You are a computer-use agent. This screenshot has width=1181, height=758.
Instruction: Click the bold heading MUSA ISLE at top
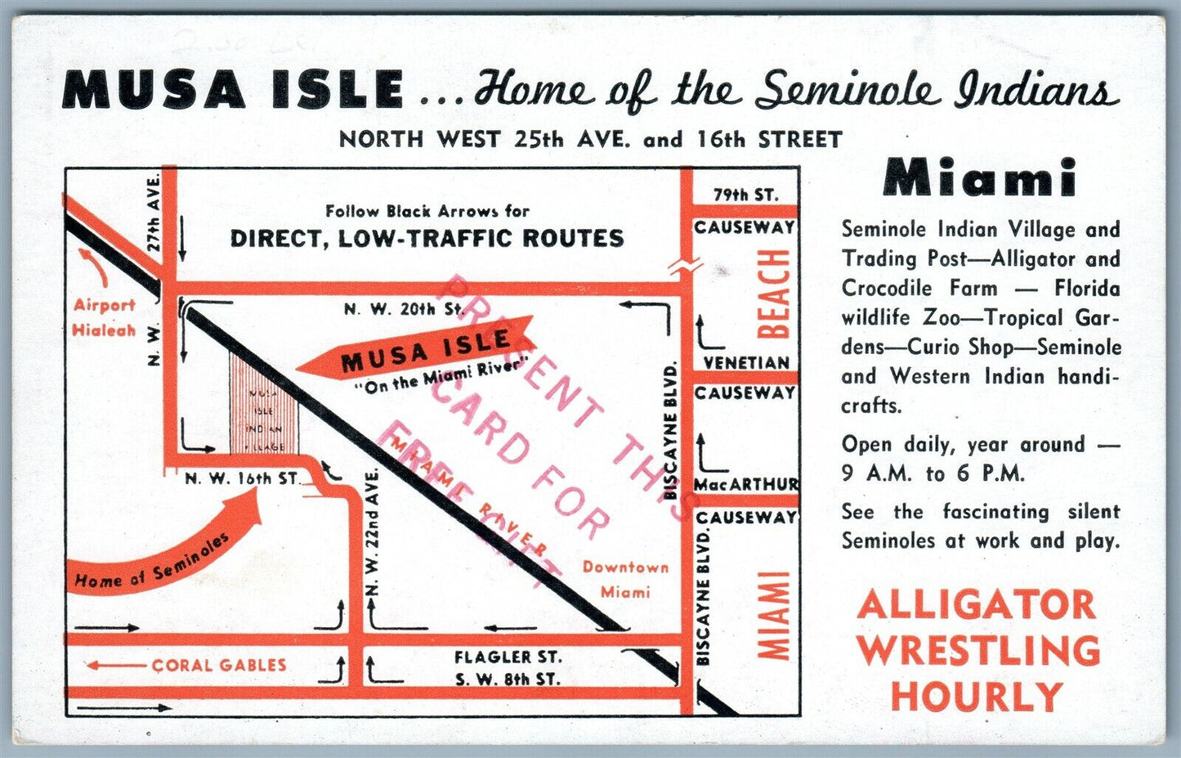point(233,90)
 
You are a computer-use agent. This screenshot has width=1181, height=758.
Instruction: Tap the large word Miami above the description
point(979,177)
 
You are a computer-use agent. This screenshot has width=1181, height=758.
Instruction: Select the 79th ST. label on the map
point(745,195)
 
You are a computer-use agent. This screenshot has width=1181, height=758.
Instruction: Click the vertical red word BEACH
point(773,294)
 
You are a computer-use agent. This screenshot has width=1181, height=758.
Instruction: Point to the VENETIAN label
point(746,362)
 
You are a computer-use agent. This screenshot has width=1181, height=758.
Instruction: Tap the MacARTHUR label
point(745,484)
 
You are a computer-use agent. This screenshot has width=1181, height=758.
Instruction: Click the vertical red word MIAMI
point(773,615)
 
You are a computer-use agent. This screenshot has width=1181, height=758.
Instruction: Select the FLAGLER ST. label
point(508,657)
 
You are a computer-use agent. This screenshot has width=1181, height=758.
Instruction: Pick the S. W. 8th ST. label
point(508,679)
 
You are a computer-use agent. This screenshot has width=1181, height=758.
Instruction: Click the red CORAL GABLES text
point(218,665)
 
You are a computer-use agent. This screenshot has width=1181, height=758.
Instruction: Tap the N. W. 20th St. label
point(404,309)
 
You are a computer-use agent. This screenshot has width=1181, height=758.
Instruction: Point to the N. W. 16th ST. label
point(242,478)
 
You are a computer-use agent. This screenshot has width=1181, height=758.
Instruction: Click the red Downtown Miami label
point(625,579)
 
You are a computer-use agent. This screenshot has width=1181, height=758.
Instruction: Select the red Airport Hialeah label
point(104,317)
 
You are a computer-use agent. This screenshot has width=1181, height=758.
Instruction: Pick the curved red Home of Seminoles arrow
point(163,556)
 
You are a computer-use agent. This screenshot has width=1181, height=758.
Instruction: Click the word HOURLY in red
point(977,697)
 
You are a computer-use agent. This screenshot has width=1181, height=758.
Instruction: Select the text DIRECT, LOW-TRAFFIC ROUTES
point(427,238)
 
